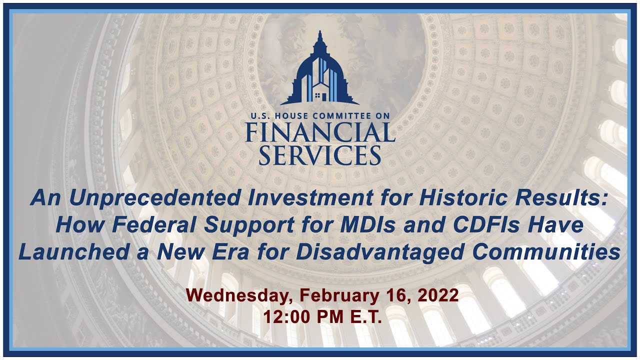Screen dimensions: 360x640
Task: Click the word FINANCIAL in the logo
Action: tap(320, 132)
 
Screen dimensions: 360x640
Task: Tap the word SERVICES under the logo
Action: tap(320, 155)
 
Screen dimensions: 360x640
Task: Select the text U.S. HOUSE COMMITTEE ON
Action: tap(320, 116)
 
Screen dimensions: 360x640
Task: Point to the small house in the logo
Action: tap(320, 93)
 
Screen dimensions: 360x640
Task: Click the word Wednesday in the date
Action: tap(236, 295)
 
